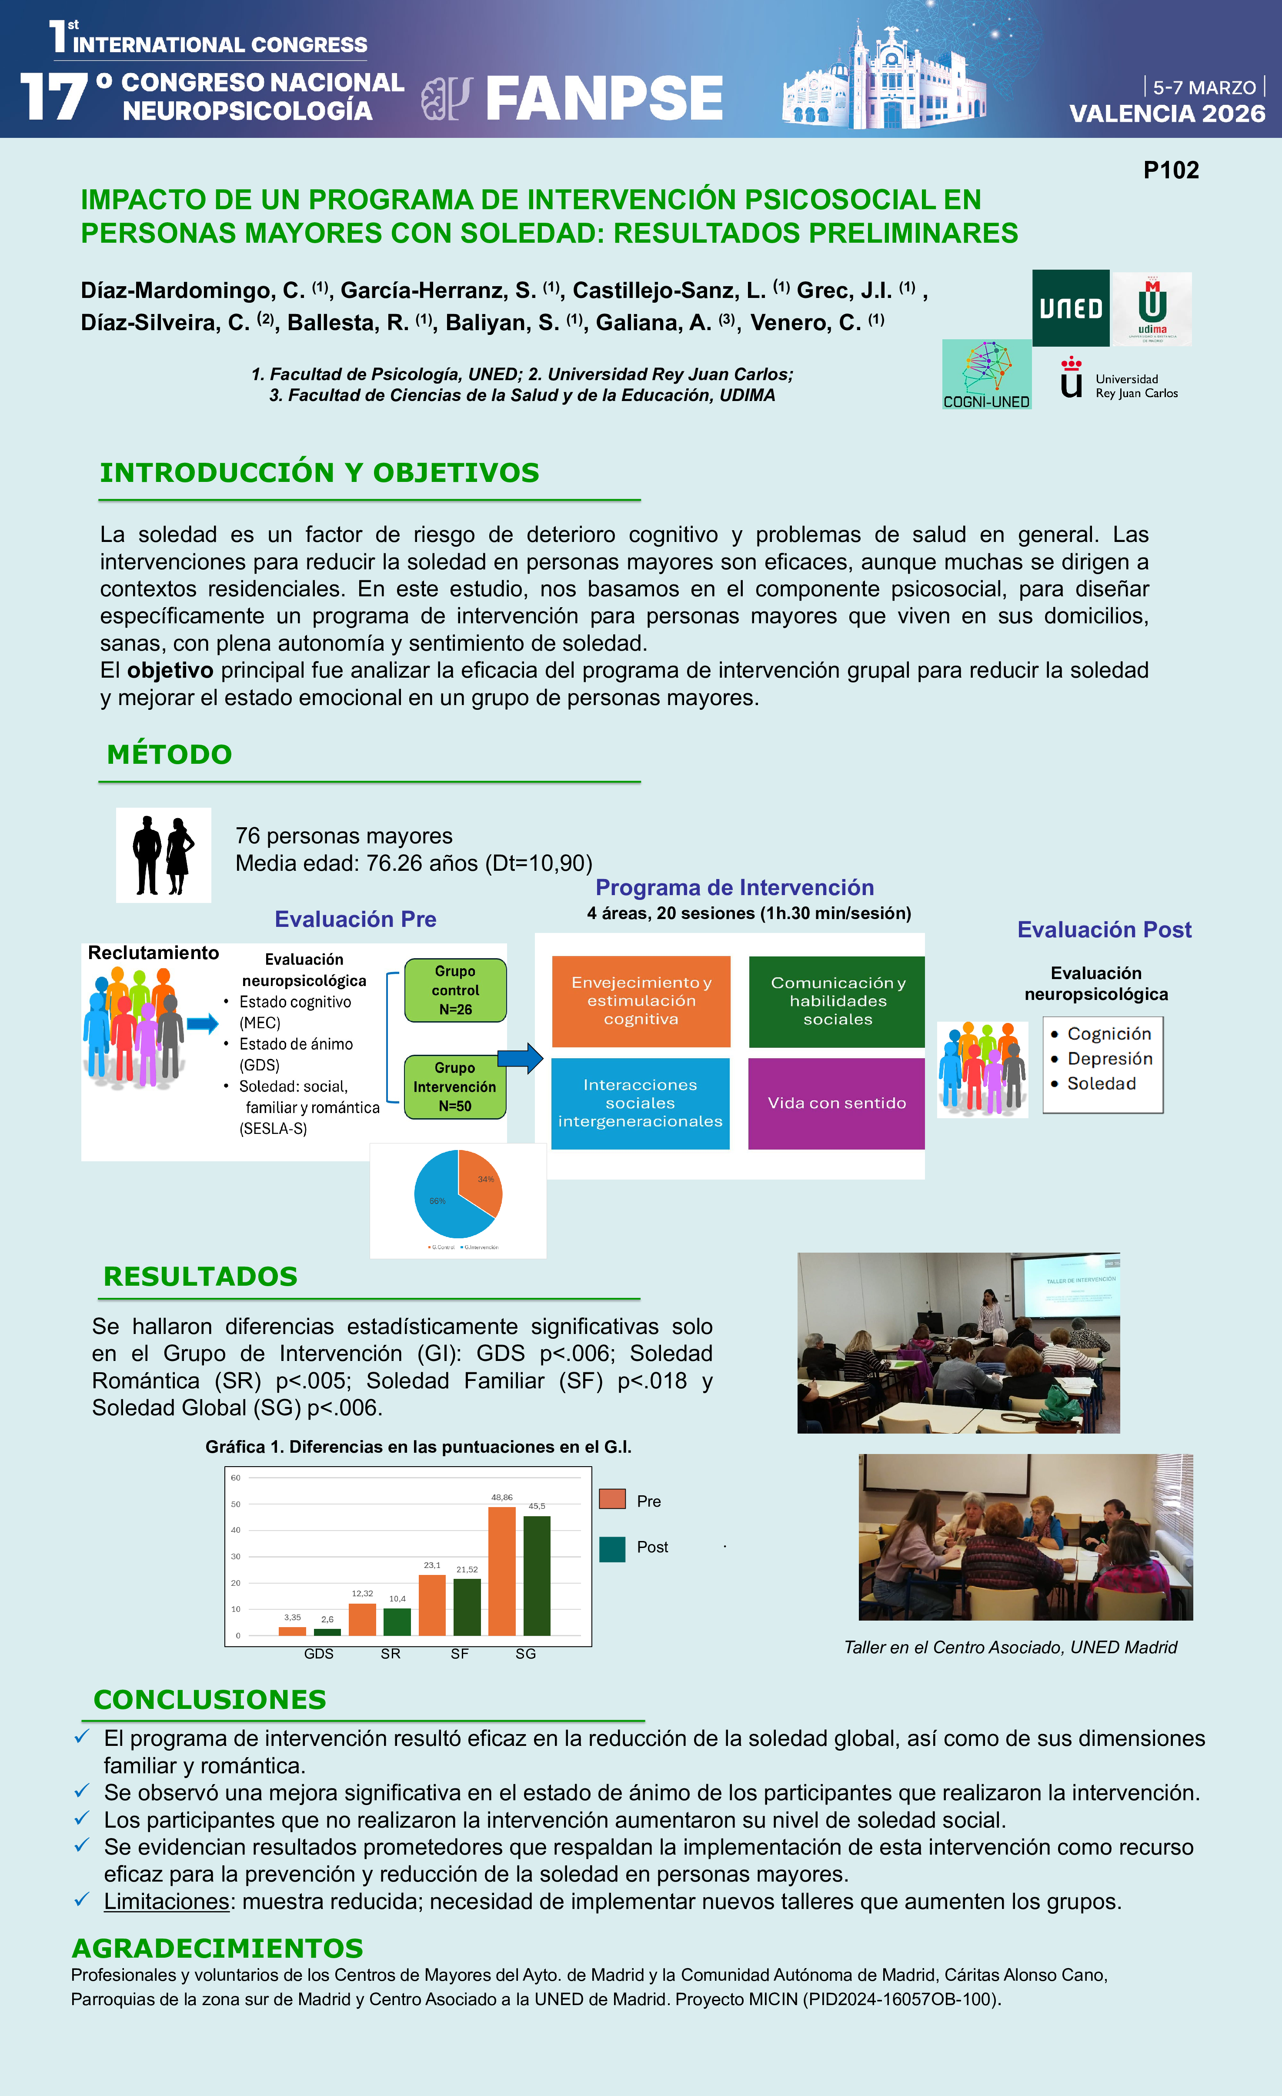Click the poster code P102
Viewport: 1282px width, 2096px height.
click(1171, 170)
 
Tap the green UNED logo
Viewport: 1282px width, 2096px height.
click(1070, 308)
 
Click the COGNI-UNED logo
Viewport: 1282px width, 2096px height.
click(986, 374)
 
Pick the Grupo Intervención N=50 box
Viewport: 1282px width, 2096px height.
click(455, 1087)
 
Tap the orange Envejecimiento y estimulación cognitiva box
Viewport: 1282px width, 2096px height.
click(641, 1001)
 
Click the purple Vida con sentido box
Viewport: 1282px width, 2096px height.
click(836, 1103)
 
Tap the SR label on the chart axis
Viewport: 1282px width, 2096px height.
click(391, 1654)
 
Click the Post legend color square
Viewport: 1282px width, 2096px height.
click(612, 1549)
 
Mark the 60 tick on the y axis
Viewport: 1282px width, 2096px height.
click(236, 1478)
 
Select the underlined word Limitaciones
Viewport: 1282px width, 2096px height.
click(166, 1901)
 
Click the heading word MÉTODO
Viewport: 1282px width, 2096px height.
click(169, 755)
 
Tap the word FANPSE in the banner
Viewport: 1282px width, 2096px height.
click(604, 98)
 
